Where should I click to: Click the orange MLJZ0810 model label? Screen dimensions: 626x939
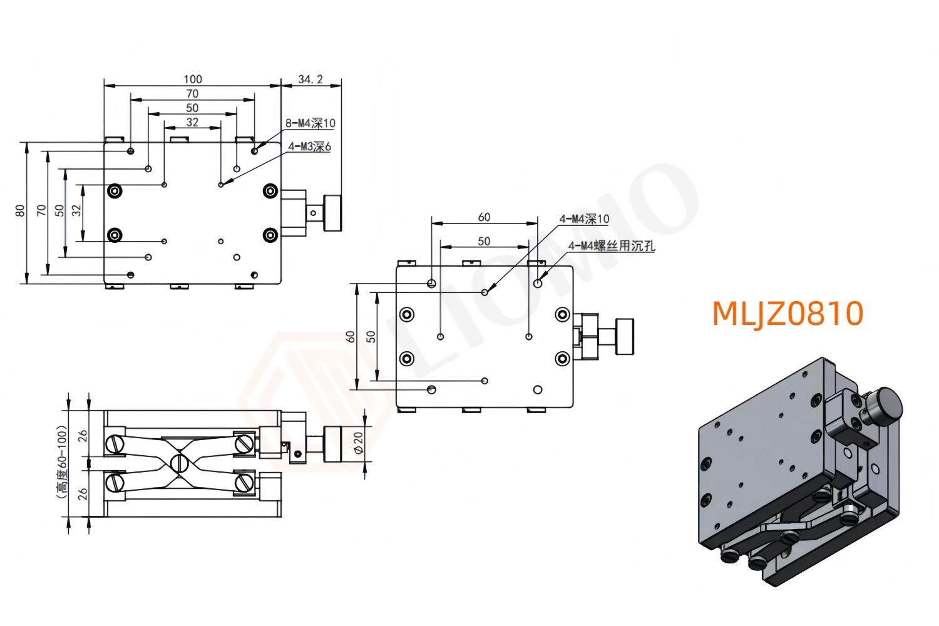pos(788,313)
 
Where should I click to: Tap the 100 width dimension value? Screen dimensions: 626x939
pos(193,79)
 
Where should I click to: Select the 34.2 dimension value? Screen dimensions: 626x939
pos(310,80)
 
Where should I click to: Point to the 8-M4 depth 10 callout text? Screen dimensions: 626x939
pos(310,124)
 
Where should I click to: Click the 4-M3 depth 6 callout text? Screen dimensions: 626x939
pos(309,147)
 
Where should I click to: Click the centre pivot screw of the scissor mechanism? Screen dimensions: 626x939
pos(179,463)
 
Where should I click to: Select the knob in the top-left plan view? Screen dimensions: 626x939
pos(333,213)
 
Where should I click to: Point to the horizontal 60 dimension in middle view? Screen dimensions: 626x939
pos(484,217)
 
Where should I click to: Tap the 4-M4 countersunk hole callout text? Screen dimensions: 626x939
pos(612,246)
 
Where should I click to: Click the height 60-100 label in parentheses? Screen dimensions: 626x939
pos(61,463)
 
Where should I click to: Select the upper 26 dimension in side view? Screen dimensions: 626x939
pos(81,436)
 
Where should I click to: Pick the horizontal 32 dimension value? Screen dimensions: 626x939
pos(192,122)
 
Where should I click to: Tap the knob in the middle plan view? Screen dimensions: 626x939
pos(624,336)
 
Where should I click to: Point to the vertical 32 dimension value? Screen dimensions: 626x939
pos(76,212)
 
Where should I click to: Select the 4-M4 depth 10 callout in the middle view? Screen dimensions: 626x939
pos(583,219)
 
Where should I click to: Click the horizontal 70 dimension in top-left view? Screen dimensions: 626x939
pos(192,93)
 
